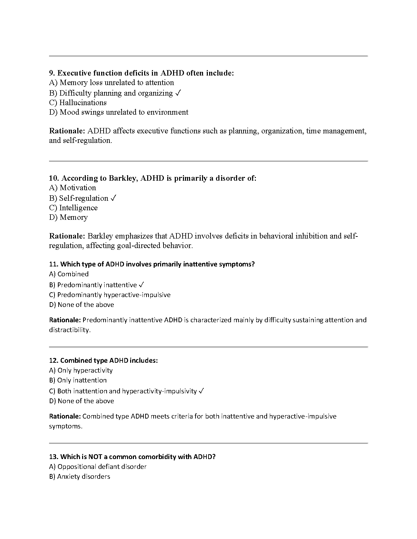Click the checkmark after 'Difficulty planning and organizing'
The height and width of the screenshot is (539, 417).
click(x=178, y=93)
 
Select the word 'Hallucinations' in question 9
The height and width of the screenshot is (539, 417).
click(x=83, y=103)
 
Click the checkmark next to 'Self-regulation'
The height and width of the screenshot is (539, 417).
click(x=113, y=198)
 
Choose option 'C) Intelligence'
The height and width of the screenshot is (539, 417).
click(x=73, y=208)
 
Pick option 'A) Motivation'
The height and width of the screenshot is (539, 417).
click(x=73, y=188)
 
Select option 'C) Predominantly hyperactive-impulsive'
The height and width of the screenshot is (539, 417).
click(x=110, y=295)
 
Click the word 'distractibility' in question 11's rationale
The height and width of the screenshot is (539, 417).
click(x=69, y=330)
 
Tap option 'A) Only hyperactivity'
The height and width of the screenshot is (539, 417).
click(x=81, y=371)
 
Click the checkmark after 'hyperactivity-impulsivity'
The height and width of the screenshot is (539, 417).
click(x=201, y=391)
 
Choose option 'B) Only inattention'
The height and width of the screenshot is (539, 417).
click(x=78, y=380)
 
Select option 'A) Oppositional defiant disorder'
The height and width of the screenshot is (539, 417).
click(x=98, y=467)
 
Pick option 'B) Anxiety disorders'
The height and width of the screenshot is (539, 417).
click(x=80, y=477)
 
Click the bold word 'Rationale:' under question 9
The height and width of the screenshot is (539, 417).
click(x=67, y=131)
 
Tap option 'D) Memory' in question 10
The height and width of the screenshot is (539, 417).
click(x=68, y=217)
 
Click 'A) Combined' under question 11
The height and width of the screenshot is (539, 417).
click(x=69, y=274)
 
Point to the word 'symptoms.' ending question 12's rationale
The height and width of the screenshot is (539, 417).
click(x=65, y=426)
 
